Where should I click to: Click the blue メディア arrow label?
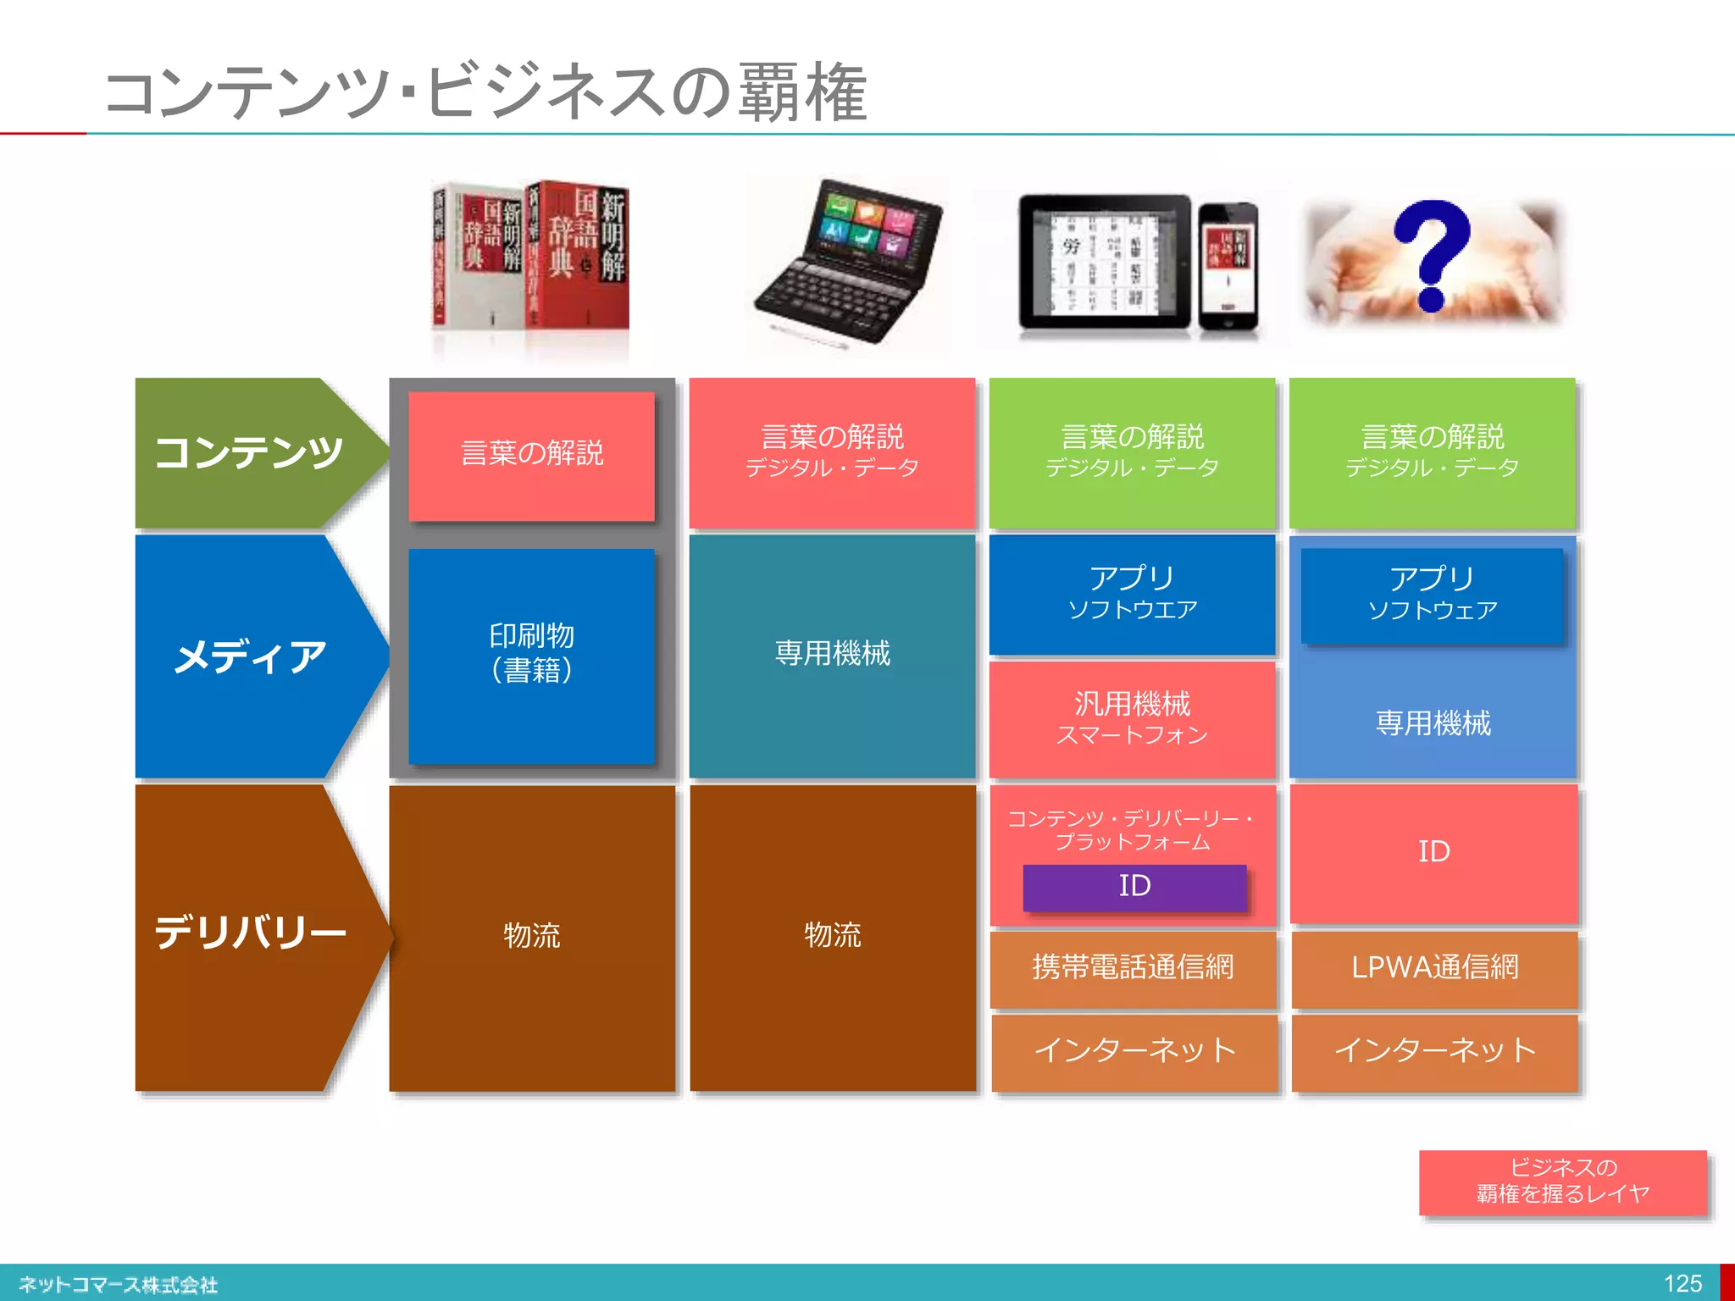tap(249, 656)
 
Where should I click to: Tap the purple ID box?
tap(1134, 887)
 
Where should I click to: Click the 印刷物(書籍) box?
tap(532, 655)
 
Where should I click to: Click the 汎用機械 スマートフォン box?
tap(1133, 718)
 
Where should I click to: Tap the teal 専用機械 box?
tap(832, 654)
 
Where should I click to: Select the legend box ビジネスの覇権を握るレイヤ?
tap(1563, 1182)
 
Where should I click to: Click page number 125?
tap(1682, 1284)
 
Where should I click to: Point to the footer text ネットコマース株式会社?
tap(119, 1285)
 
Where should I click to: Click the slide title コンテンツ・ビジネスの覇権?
tap(486, 92)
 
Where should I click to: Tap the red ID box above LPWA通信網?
tap(1434, 852)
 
